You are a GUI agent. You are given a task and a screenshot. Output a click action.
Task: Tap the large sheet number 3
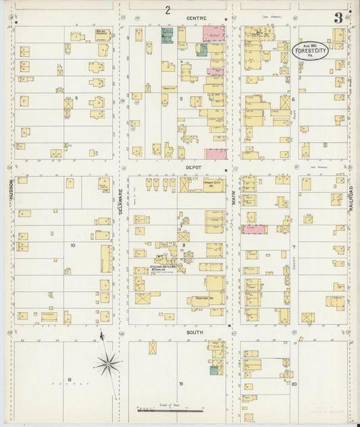(338, 18)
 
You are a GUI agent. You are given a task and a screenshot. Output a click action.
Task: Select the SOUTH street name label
(195, 332)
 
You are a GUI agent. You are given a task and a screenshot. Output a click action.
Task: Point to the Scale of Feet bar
(169, 409)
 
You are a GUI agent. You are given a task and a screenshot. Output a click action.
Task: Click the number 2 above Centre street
(167, 9)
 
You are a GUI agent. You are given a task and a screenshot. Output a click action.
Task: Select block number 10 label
(72, 245)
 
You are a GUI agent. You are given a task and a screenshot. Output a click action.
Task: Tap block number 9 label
(76, 99)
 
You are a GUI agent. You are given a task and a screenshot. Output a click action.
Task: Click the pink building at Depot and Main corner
(215, 153)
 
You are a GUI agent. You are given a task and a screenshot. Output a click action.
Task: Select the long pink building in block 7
(255, 230)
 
